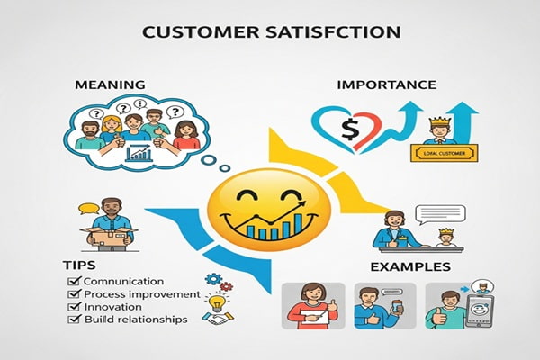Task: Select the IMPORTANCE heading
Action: pyautogui.click(x=386, y=85)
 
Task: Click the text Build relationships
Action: pyautogui.click(x=135, y=319)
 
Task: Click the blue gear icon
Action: pyautogui.click(x=214, y=279)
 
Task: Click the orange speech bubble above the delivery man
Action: pyautogui.click(x=87, y=210)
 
